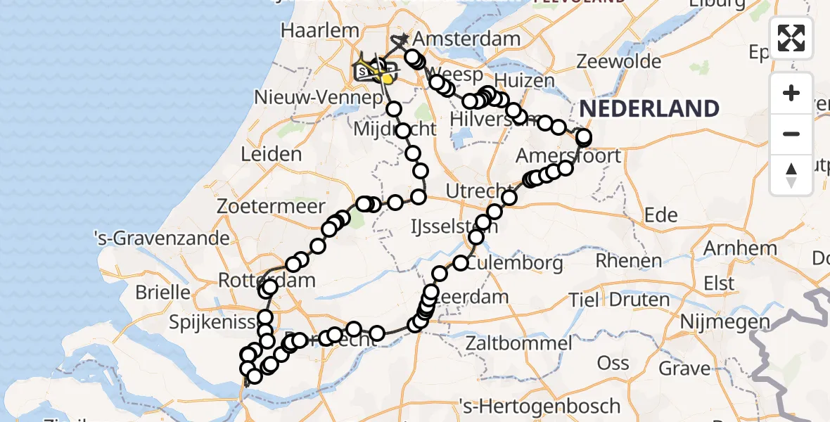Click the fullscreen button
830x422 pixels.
(791, 38)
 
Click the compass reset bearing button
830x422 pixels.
(791, 175)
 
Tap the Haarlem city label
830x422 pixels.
(310, 32)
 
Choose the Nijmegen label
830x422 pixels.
(716, 322)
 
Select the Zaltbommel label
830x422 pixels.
(518, 344)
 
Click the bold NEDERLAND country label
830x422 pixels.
(649, 109)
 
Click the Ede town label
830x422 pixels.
(660, 215)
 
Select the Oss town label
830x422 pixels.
(613, 363)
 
